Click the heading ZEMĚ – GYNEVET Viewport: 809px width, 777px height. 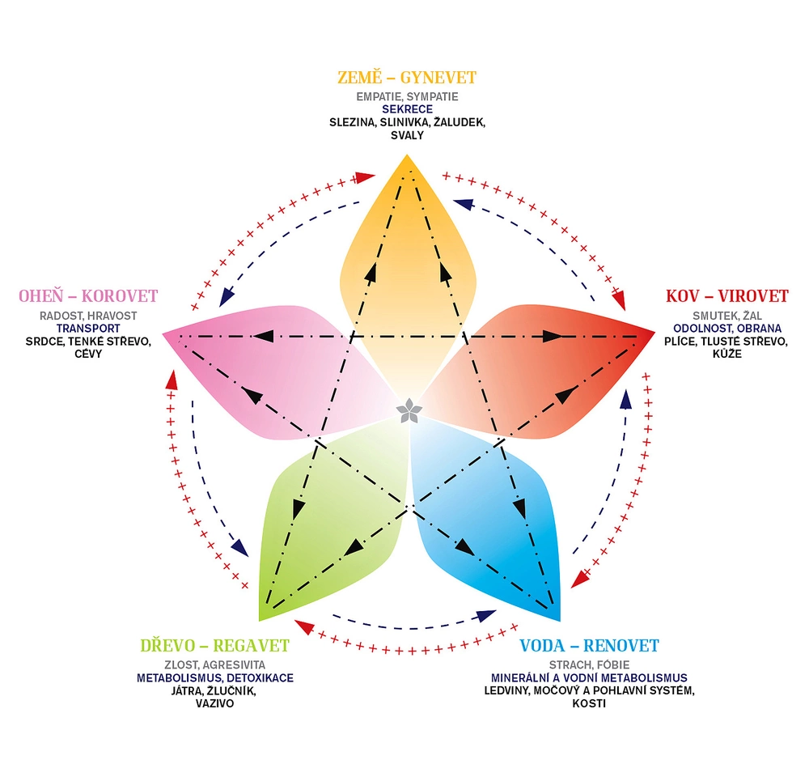pos(406,78)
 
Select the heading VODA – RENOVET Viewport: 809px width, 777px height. pos(589,645)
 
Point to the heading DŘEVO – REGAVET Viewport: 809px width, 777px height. pos(214,645)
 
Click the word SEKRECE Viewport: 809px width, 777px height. pos(407,109)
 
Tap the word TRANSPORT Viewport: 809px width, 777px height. pos(88,329)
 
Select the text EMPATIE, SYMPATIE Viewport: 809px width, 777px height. pos(407,97)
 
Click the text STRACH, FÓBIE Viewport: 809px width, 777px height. pos(589,665)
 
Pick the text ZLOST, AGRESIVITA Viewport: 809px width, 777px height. pos(214,665)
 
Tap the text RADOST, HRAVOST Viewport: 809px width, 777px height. pos(88,316)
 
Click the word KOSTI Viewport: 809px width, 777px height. pos(589,703)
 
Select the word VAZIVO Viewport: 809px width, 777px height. pos(214,703)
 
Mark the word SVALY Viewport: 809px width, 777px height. pos(407,135)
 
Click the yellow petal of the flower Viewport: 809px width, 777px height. pos(407,259)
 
